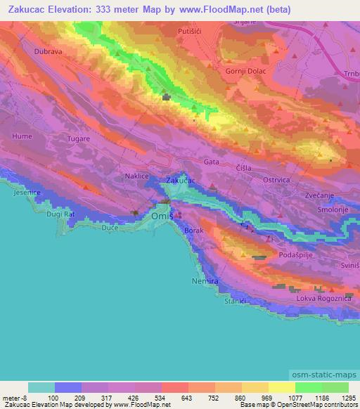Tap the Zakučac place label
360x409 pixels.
(181, 181)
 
